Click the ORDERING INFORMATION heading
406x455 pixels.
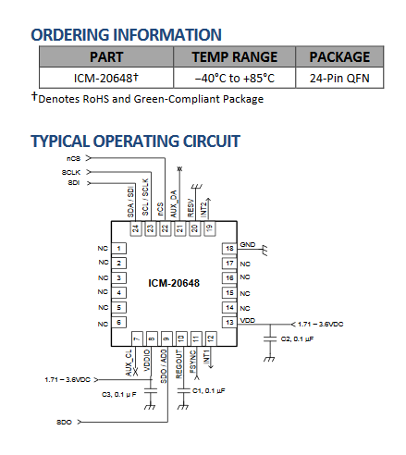point(126,35)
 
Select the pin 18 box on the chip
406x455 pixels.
point(228,249)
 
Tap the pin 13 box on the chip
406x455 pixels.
point(228,321)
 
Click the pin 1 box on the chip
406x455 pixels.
point(121,249)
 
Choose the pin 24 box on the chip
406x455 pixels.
point(135,227)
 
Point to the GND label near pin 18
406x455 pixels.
point(247,245)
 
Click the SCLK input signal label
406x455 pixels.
point(71,171)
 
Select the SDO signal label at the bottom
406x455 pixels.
point(64,422)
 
